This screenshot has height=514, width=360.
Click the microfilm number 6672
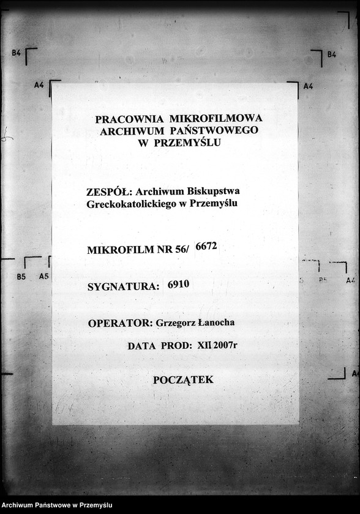tap(206, 247)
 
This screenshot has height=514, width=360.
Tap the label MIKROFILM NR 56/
tap(139, 250)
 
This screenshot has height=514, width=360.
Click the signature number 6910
tap(179, 284)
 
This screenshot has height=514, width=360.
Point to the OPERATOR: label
tap(120, 323)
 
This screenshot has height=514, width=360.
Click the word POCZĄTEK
tap(183, 380)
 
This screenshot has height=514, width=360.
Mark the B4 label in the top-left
tap(16, 54)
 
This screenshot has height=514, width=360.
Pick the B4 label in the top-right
tap(331, 54)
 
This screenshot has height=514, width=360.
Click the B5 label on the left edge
tap(21, 277)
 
